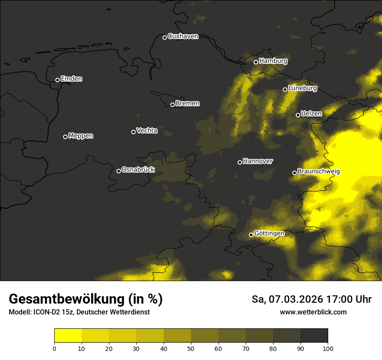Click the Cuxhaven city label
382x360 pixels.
tap(183, 36)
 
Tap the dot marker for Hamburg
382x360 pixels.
tap(256, 62)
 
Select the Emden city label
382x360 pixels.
tap(71, 79)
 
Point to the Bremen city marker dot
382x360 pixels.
tap(172, 105)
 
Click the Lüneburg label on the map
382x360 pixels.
tap(302, 88)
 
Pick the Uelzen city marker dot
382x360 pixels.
tap(298, 115)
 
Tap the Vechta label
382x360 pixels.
tap(147, 131)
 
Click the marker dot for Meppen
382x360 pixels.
tap(65, 137)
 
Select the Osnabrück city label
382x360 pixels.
tap(138, 170)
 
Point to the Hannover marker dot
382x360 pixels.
tap(240, 162)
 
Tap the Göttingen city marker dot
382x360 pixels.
tap(251, 235)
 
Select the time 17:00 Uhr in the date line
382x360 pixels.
tap(346, 299)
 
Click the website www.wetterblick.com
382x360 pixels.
tap(313, 312)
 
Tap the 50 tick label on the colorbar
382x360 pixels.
tap(191, 348)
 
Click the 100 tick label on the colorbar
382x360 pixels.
tap(328, 348)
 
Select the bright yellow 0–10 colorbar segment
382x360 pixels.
tap(68, 336)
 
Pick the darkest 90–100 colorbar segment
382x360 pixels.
tap(314, 336)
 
